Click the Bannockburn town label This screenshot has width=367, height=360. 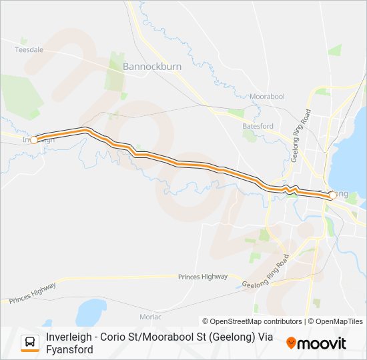(x=152, y=67)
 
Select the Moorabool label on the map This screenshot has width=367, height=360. (x=267, y=97)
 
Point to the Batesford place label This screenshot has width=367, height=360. (x=258, y=125)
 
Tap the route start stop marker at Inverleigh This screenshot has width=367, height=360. (x=33, y=139)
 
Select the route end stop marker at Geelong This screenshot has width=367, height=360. (x=332, y=195)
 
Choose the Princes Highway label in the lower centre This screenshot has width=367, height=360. (x=203, y=276)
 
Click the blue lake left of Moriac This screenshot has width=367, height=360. (x=91, y=312)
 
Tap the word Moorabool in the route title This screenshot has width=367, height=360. (x=205, y=337)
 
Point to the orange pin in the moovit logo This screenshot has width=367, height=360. (x=291, y=344)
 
